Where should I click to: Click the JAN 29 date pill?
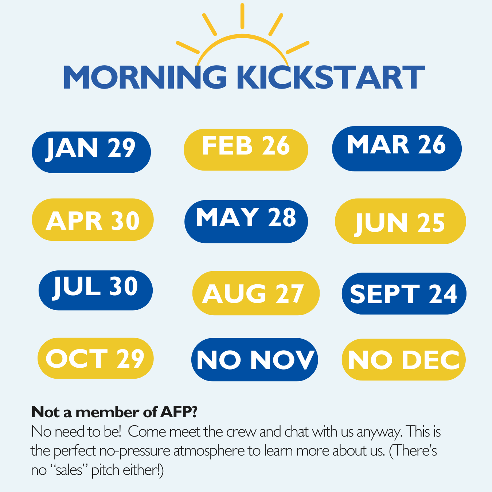(91, 152)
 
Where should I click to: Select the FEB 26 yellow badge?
(246, 150)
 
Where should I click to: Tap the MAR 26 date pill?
(397, 149)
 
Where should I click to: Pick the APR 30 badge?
(93, 219)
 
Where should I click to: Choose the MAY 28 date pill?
(246, 222)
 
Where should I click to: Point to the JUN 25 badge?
(400, 221)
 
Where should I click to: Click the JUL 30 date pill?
(95, 290)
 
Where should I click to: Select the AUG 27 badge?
(256, 293)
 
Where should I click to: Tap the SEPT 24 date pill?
(404, 294)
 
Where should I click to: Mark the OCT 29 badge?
(95, 358)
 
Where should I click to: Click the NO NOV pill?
(254, 360)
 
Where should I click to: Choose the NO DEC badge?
(404, 360)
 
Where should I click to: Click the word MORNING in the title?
(145, 77)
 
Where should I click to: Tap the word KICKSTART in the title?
(331, 77)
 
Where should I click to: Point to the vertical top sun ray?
(242, 16)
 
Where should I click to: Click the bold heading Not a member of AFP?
(114, 412)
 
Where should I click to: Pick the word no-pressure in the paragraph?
(134, 451)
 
